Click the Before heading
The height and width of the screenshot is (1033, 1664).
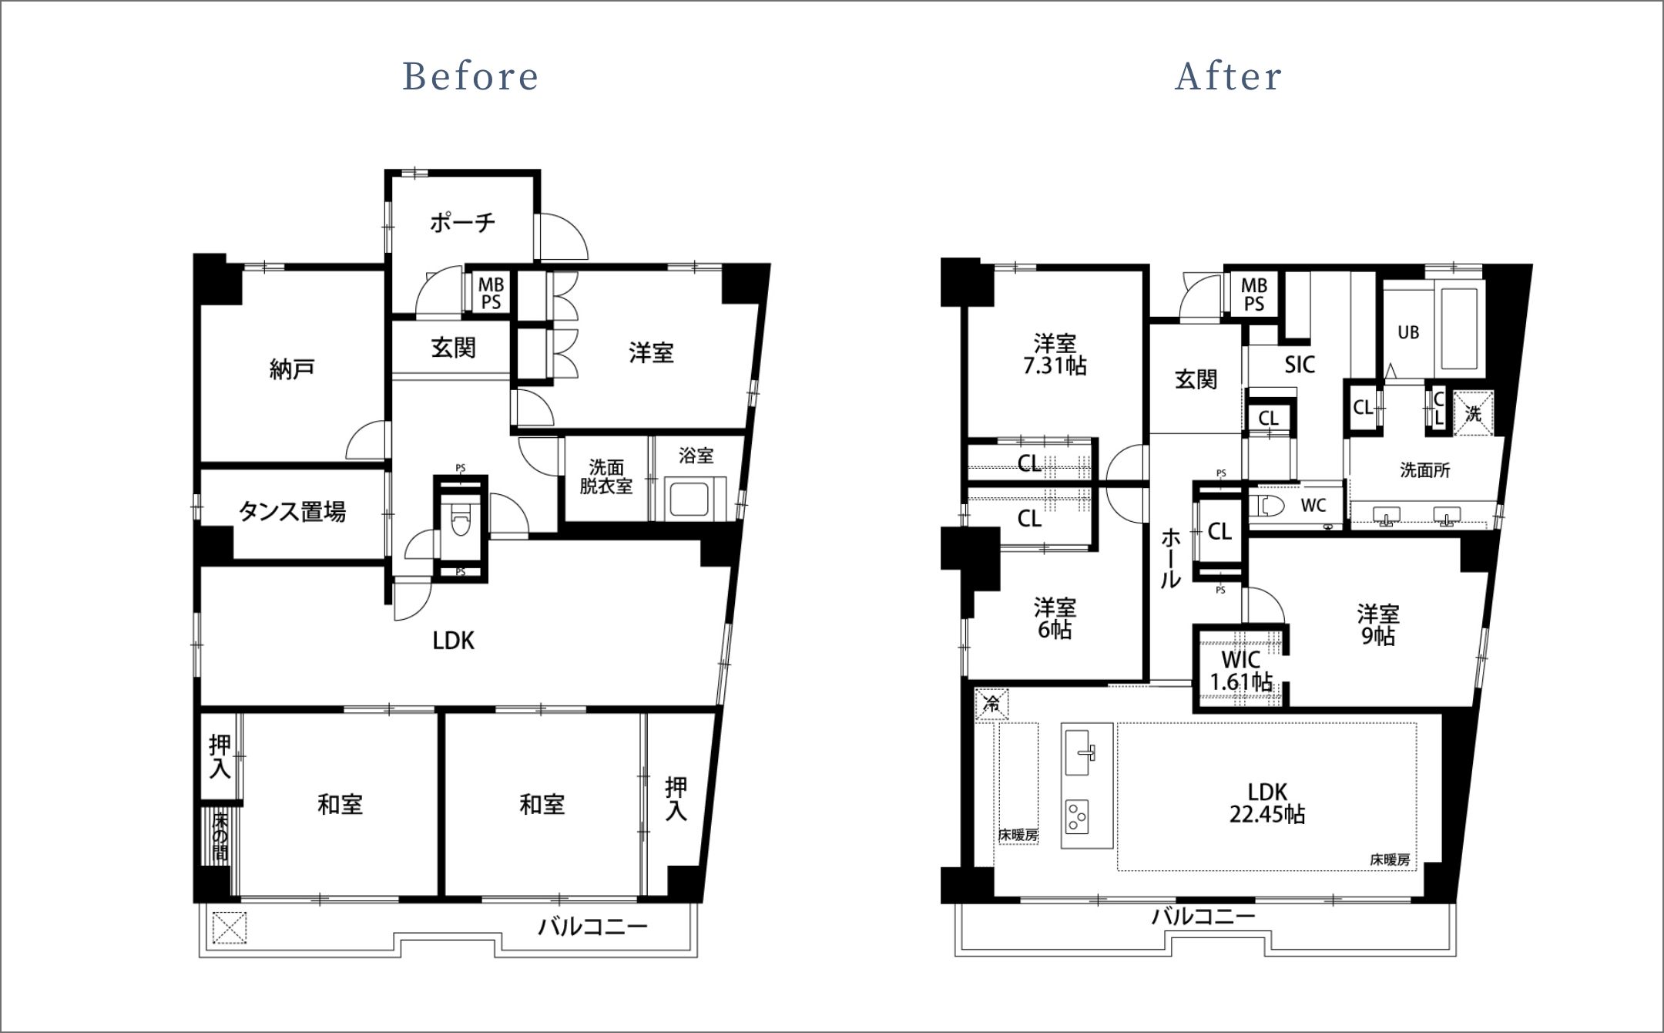tap(471, 76)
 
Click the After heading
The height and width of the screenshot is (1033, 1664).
tap(1229, 76)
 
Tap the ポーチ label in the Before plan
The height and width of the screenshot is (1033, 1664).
tap(462, 223)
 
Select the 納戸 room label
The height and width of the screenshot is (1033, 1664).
tap(292, 369)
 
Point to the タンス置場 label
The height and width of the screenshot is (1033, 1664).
tap(292, 511)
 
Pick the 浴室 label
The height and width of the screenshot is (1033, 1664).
tap(696, 456)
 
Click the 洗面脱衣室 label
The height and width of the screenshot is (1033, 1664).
tap(606, 477)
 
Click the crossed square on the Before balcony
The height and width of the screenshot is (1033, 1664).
tap(230, 927)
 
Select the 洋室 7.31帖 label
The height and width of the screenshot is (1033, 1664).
tap(1055, 354)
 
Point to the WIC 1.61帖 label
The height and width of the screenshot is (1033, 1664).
tap(1241, 671)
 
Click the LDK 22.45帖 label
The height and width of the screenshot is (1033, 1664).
tap(1267, 803)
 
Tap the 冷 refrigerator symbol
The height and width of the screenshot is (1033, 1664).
tap(992, 703)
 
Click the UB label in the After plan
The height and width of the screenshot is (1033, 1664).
tap(1408, 332)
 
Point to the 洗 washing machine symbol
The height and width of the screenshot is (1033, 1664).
tap(1474, 414)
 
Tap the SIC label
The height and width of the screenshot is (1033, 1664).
tap(1300, 365)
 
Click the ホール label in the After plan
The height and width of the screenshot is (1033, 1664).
tap(1171, 558)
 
